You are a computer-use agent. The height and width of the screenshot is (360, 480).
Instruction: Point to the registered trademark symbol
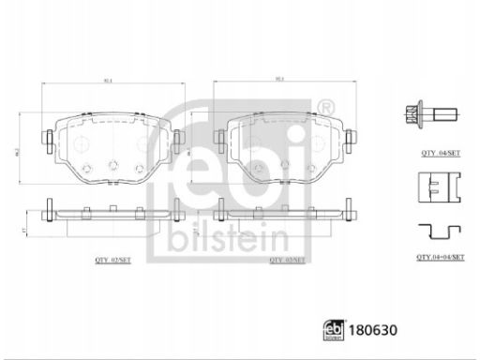coord(325,105)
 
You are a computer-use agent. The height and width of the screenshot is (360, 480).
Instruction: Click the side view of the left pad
coord(110,213)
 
